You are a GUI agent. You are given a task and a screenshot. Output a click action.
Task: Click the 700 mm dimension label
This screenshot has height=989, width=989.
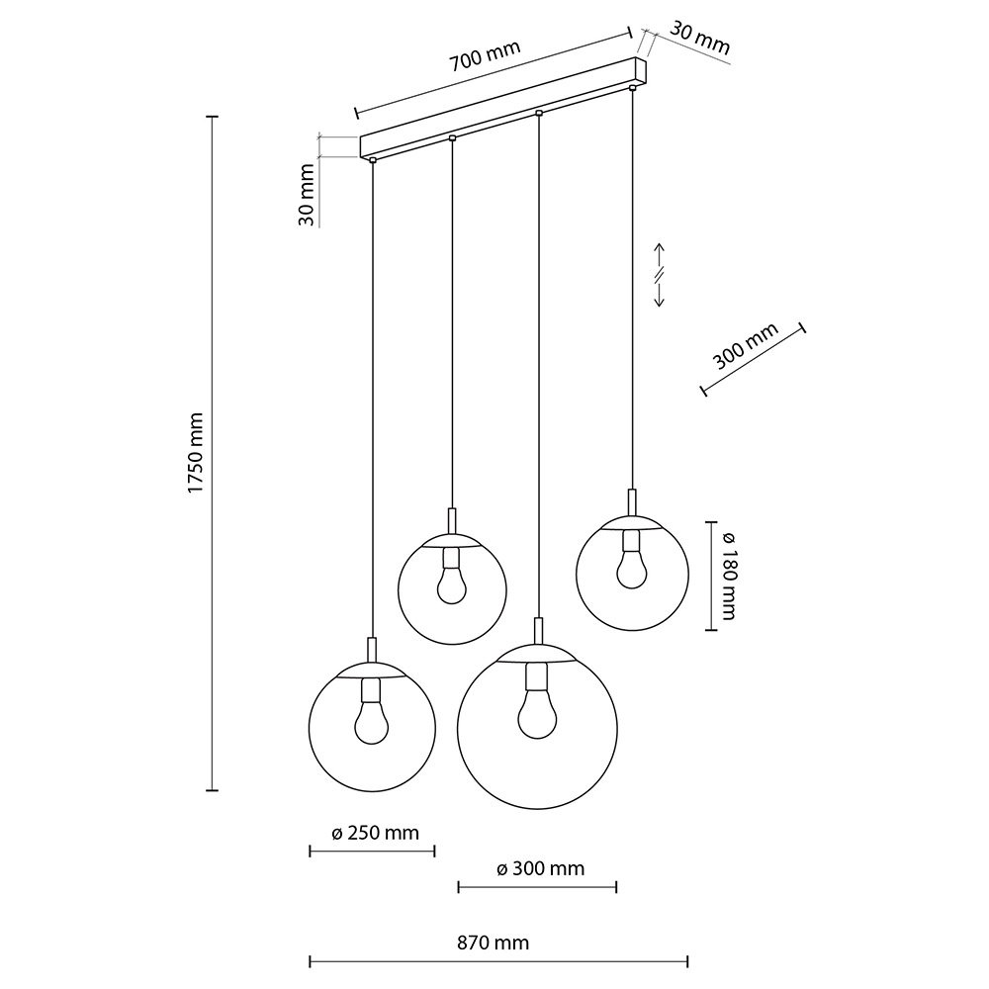[485, 55]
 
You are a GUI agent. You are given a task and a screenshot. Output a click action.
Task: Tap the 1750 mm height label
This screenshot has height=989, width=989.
[197, 453]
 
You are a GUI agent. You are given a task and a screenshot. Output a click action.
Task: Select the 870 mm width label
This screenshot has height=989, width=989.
[493, 943]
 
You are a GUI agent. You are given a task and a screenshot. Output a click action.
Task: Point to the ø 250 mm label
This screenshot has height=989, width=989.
[375, 833]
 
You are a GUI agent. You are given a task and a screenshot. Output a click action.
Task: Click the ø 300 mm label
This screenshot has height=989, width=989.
[541, 868]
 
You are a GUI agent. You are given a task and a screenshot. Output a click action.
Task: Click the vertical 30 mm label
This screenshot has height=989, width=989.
[306, 194]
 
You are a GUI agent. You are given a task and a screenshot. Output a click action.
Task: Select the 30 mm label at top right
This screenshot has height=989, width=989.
[699, 38]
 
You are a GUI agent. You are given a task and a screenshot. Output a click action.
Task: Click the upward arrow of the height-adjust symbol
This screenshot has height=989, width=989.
[659, 255]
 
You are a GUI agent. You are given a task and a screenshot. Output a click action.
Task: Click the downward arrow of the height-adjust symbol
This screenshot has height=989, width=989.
[659, 294]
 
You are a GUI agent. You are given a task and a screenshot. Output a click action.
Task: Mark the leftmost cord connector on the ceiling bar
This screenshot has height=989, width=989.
[373, 160]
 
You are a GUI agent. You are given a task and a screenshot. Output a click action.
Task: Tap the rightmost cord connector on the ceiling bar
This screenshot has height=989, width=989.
[632, 86]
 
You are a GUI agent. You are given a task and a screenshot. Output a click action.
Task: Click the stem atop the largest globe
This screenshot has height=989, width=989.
[537, 631]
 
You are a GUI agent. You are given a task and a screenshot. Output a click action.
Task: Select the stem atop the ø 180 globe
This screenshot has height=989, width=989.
[632, 502]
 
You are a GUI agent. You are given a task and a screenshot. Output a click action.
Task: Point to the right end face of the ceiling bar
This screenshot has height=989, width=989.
[642, 71]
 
